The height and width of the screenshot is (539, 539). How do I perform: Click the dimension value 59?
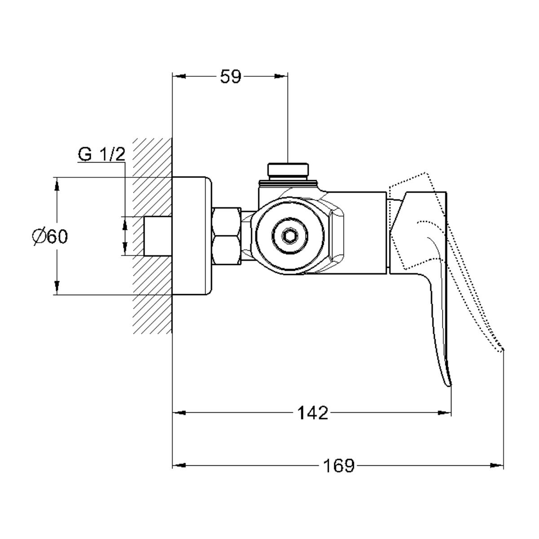click(x=230, y=77)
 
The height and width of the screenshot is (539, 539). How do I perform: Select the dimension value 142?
click(x=313, y=413)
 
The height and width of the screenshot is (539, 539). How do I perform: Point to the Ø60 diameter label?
click(x=50, y=236)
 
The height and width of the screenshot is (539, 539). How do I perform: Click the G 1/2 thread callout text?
click(x=102, y=154)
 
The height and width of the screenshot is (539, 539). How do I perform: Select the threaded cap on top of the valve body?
click(x=288, y=170)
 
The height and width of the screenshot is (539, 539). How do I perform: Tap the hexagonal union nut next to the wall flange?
click(x=226, y=236)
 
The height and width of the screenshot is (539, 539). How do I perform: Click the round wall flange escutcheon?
click(x=192, y=235)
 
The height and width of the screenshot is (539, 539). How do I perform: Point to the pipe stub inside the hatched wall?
click(x=158, y=236)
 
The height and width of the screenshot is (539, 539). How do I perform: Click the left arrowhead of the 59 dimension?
click(x=179, y=76)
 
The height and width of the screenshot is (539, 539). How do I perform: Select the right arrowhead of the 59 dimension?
click(x=281, y=76)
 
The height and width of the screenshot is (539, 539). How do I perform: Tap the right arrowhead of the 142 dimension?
click(x=445, y=413)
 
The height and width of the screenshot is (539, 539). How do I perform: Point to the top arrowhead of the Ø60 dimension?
click(x=57, y=184)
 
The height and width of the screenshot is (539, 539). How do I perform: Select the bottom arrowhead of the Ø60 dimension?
click(x=57, y=288)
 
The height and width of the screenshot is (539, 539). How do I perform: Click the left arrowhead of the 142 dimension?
click(x=179, y=413)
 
